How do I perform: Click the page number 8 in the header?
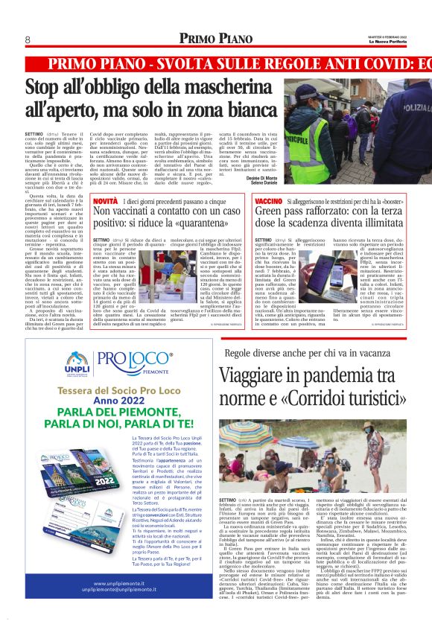(28, 39)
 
